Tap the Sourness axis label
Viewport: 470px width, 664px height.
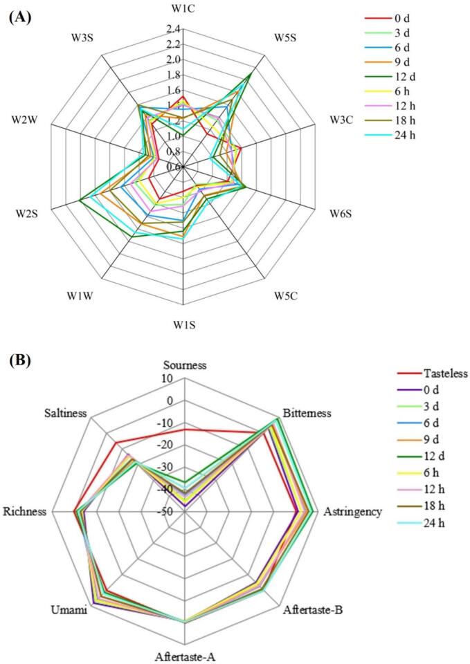184,365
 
